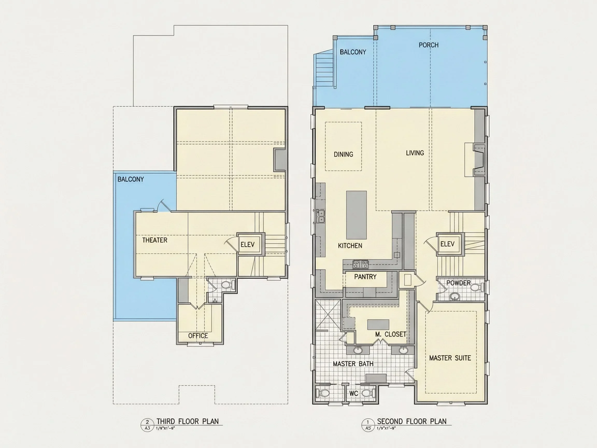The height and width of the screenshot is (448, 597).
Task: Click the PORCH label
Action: pyautogui.click(x=428, y=45)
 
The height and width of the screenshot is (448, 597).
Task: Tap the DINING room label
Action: pyautogui.click(x=343, y=154)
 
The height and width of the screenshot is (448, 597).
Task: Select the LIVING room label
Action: pyautogui.click(x=415, y=153)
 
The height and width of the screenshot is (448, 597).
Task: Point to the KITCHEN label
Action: pyautogui.click(x=350, y=246)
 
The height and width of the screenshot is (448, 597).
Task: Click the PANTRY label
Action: pyautogui.click(x=365, y=277)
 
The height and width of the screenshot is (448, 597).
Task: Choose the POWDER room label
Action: pyautogui.click(x=458, y=283)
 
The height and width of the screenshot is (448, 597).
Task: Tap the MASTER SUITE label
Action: pyautogui.click(x=450, y=358)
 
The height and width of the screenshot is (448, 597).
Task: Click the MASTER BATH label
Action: pyautogui.click(x=353, y=364)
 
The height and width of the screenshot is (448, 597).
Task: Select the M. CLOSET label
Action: pyautogui.click(x=390, y=334)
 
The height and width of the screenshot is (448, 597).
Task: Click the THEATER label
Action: pyautogui.click(x=155, y=240)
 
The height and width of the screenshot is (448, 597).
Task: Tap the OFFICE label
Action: pyautogui.click(x=198, y=336)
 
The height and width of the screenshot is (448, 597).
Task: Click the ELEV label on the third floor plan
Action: pyautogui.click(x=247, y=244)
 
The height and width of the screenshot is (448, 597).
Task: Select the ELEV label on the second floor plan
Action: pyautogui.click(x=447, y=244)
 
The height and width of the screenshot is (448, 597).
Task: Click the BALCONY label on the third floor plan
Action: pyautogui.click(x=131, y=179)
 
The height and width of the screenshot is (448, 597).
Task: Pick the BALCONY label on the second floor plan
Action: pyautogui.click(x=353, y=52)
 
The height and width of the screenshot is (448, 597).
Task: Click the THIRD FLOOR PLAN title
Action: pyautogui.click(x=188, y=421)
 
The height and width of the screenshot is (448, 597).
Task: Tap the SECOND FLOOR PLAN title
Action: pyautogui.click(x=411, y=421)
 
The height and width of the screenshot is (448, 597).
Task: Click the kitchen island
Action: pyautogui.click(x=356, y=215)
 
